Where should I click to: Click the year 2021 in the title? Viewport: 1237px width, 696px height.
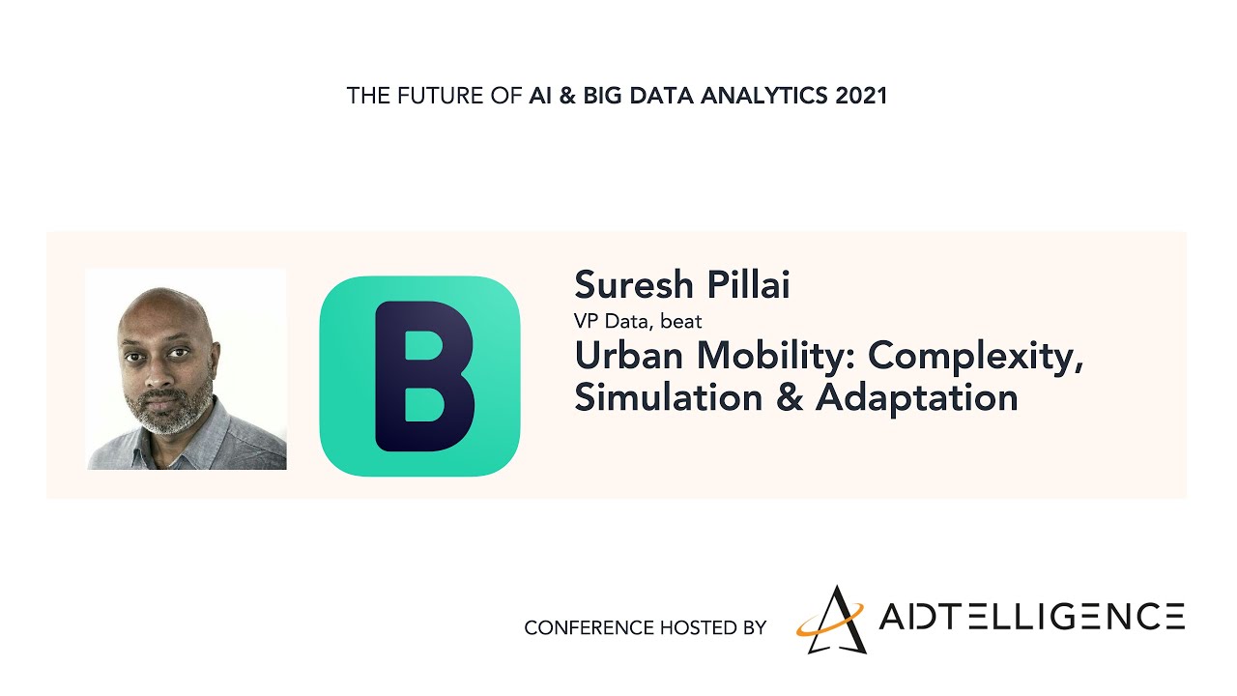click(x=861, y=96)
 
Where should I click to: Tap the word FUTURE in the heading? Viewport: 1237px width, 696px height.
click(x=440, y=96)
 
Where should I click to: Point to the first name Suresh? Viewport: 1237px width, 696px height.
click(x=634, y=284)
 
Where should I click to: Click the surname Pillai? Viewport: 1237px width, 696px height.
click(x=749, y=284)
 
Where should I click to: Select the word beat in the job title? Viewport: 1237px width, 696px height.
click(x=681, y=321)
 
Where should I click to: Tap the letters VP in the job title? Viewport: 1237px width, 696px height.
click(x=586, y=321)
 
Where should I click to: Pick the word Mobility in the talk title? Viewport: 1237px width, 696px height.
click(x=776, y=357)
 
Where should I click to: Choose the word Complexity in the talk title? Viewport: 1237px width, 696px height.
click(x=976, y=358)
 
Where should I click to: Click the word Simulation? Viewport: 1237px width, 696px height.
click(x=669, y=396)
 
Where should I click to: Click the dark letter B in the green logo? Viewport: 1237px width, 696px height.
click(x=423, y=376)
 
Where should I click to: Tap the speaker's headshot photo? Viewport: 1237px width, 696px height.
click(x=187, y=369)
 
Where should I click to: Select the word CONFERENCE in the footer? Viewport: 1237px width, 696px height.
click(x=589, y=628)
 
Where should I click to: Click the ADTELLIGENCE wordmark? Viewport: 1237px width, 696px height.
click(x=1031, y=617)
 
